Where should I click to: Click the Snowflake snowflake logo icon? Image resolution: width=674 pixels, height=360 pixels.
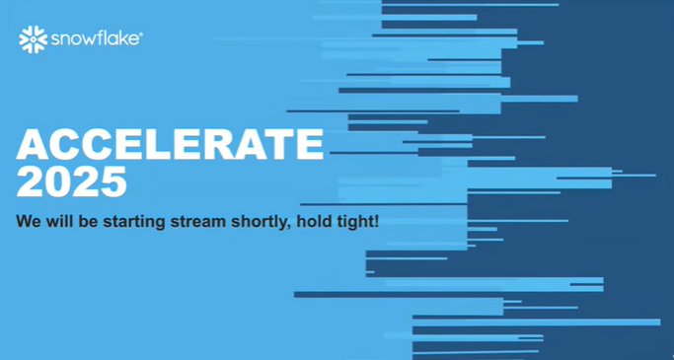[x=34, y=39]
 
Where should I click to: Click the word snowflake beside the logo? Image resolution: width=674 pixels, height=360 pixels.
[x=95, y=39]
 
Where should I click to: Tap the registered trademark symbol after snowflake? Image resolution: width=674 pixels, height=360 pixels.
[x=141, y=34]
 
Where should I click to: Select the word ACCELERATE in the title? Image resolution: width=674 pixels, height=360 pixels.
[x=170, y=144]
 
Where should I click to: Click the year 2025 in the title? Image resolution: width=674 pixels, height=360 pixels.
[x=71, y=181]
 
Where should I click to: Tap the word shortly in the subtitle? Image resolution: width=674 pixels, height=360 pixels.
[x=261, y=223]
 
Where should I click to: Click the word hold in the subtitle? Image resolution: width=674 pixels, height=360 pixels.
[x=312, y=221]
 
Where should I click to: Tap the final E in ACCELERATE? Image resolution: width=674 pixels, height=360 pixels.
[x=309, y=144]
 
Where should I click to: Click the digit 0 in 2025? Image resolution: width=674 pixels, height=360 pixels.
[x=57, y=181]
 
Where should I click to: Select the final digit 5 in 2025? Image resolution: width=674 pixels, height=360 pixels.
[x=113, y=182]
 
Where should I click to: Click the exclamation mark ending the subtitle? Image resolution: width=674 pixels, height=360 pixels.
[x=377, y=221]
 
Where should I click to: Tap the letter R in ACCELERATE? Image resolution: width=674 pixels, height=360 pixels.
[x=227, y=144]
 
